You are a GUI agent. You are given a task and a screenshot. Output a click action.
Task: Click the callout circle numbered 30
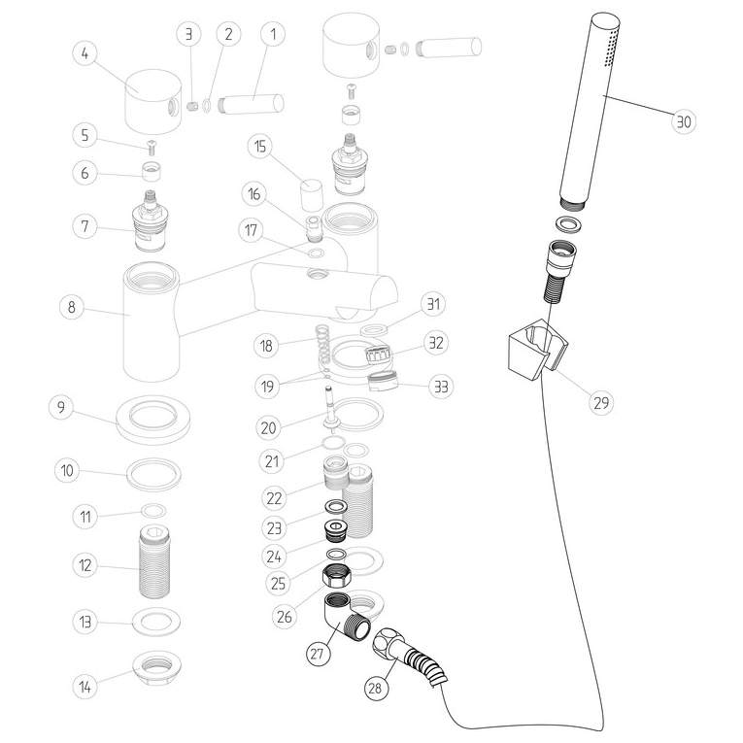point(686,121)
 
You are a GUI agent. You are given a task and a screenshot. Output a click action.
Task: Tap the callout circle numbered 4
point(87,53)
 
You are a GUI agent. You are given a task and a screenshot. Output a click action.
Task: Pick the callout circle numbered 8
point(70,309)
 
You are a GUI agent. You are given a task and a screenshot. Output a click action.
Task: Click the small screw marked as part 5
point(152,148)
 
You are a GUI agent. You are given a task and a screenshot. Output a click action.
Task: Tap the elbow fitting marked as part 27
point(337,616)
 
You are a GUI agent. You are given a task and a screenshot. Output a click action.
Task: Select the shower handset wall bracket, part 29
point(530,354)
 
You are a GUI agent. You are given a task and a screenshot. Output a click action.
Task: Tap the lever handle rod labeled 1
point(254,101)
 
